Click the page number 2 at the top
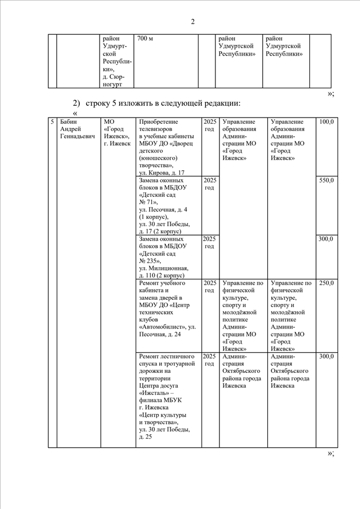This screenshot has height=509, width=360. pyautogui.click(x=192, y=22)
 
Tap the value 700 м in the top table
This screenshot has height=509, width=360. pyautogui.click(x=145, y=38)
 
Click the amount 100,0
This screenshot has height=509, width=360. pyautogui.click(x=326, y=122)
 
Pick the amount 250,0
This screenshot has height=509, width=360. pyautogui.click(x=326, y=283)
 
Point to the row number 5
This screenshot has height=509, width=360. pyautogui.click(x=52, y=122)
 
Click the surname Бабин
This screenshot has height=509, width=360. pyautogui.click(x=69, y=122)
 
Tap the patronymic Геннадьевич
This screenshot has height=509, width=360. pyautogui.click(x=78, y=138)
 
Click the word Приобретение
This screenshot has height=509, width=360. pyautogui.click(x=159, y=122)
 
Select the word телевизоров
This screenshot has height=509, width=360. pyautogui.click(x=157, y=130)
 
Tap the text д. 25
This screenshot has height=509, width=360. pyautogui.click(x=145, y=437)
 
